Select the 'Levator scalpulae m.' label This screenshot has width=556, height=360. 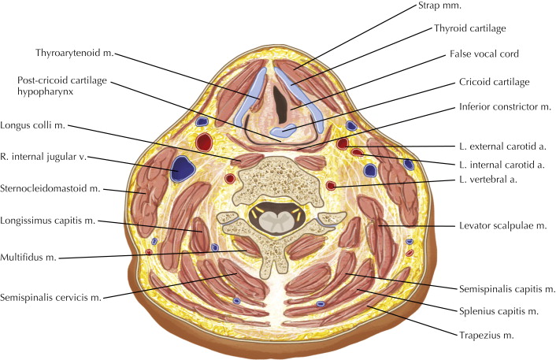[x=503, y=226]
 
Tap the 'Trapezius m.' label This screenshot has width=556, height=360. [x=485, y=336]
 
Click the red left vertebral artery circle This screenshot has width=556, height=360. [x=331, y=186]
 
